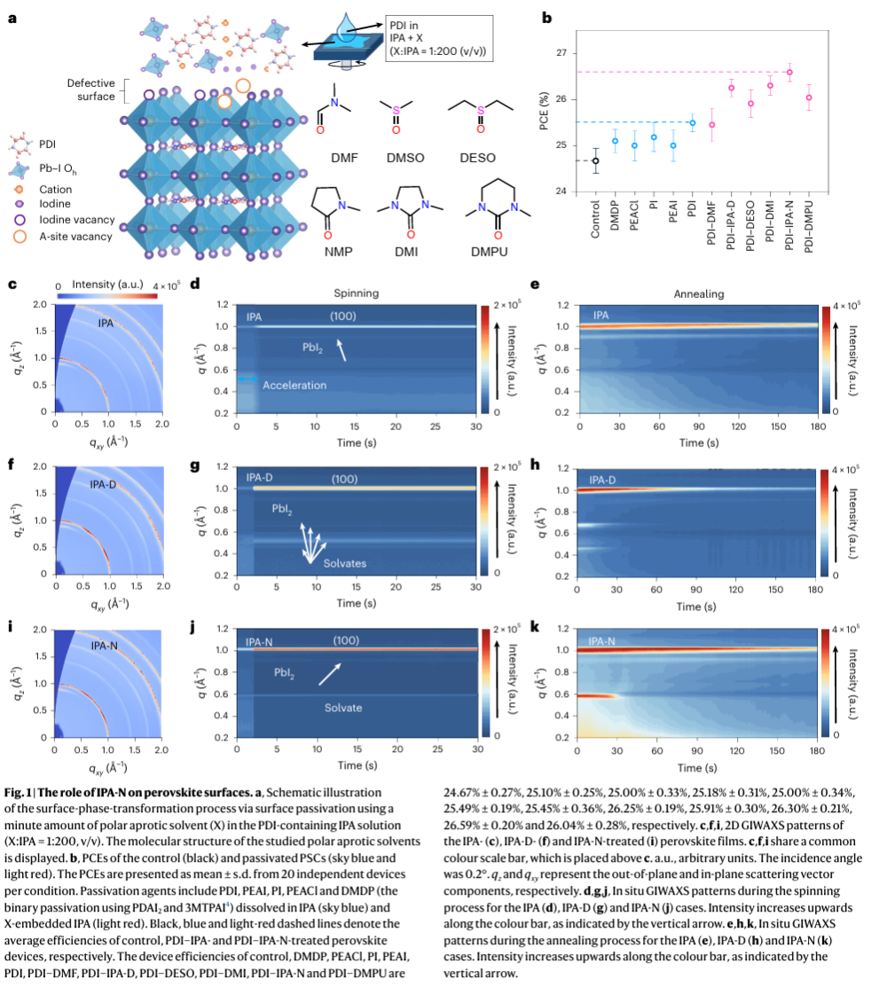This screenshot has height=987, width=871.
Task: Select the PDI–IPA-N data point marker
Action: (789, 72)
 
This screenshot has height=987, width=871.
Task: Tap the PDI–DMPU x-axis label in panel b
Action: (808, 230)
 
